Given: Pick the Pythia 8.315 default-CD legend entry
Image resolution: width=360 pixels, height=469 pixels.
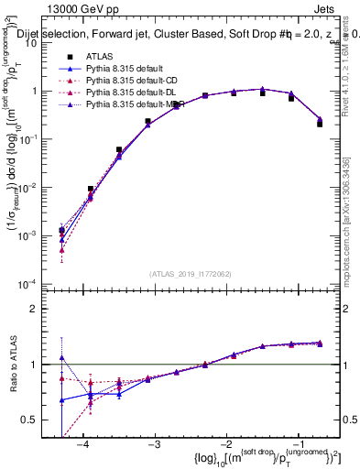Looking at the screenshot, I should coord(132,81).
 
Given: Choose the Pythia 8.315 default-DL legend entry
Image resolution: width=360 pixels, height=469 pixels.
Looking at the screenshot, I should coord(132,93).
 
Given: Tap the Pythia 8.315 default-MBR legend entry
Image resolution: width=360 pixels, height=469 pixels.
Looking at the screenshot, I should coord(135,104).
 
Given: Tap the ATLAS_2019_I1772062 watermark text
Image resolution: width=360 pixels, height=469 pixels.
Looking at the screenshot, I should coord(190,274).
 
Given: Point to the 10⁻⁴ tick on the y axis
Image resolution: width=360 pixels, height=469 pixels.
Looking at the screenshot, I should coord(38,284).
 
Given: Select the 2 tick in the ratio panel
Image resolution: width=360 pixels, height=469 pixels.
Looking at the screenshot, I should coord(41,309).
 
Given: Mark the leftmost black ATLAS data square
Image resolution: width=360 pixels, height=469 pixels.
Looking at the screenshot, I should coord(61,231).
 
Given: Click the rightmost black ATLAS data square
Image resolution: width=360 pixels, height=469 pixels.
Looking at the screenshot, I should coord(320,123).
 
